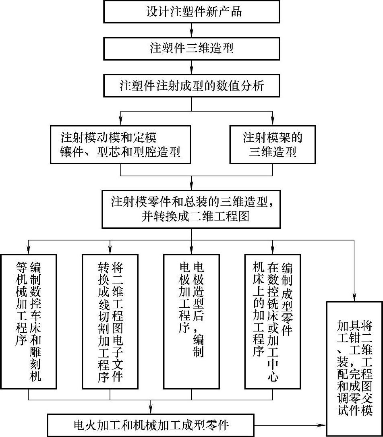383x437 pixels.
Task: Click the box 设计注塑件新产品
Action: [191, 11]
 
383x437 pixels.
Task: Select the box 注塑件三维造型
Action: [191, 48]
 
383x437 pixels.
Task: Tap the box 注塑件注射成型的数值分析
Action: [191, 86]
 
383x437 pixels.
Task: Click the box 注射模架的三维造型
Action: [272, 144]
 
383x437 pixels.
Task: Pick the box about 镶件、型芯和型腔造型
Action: [120, 144]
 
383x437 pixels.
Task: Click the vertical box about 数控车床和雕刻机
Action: [29, 322]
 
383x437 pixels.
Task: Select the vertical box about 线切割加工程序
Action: [110, 322]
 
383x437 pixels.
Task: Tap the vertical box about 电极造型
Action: [191, 322]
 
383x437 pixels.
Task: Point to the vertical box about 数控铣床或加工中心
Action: [272, 322]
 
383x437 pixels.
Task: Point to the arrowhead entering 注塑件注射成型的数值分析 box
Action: [191, 71]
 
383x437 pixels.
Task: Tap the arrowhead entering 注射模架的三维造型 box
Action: [272, 121]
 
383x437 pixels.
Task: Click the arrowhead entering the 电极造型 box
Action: [191, 250]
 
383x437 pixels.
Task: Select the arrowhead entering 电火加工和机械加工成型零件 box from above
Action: [151, 410]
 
